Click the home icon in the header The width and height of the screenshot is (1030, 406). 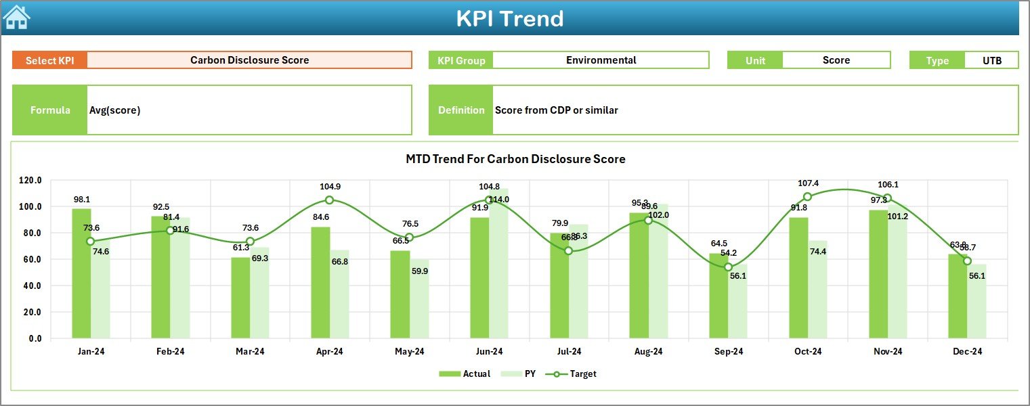click(16, 18)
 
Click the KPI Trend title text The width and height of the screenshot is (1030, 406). click(509, 19)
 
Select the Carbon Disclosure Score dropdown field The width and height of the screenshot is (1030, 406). click(249, 60)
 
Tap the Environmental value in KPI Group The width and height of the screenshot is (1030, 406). click(601, 60)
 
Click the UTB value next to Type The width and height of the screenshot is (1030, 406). click(991, 60)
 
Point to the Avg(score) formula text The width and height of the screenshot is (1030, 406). click(114, 110)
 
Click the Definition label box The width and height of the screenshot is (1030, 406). click(461, 110)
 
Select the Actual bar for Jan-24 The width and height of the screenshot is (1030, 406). click(81, 273)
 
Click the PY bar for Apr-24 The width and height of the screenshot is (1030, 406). click(340, 294)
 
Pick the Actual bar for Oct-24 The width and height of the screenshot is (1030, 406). click(798, 277)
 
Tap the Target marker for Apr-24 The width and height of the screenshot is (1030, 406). click(329, 200)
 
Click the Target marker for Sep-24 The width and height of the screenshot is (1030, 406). click(728, 267)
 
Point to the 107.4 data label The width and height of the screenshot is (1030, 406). click(809, 183)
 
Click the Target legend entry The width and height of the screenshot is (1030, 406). click(576, 374)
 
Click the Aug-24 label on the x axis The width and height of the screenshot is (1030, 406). click(648, 351)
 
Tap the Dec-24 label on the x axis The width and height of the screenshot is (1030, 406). click(967, 351)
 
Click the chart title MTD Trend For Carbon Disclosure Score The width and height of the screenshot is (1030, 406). click(515, 159)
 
